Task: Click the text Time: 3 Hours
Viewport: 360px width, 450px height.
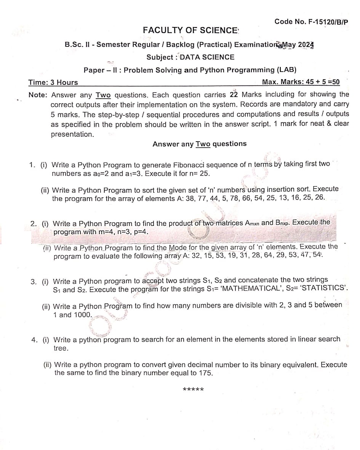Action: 53,82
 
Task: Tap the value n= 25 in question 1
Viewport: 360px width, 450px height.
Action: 198,173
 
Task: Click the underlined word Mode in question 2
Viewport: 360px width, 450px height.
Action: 178,247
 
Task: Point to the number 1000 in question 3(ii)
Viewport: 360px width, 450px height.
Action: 83,315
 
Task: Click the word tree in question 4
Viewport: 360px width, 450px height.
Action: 61,348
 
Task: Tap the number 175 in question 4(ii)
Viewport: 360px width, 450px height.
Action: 205,373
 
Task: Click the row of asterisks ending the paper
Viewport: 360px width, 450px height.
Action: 193,389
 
